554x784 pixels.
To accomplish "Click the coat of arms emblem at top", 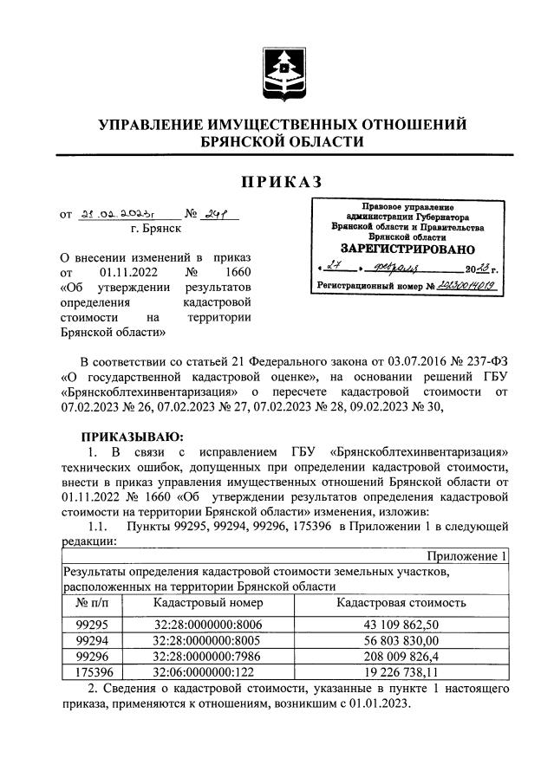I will click(x=284, y=66).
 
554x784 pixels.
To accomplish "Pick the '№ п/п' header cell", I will click(x=91, y=602).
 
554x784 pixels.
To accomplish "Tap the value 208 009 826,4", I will click(x=398, y=655).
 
